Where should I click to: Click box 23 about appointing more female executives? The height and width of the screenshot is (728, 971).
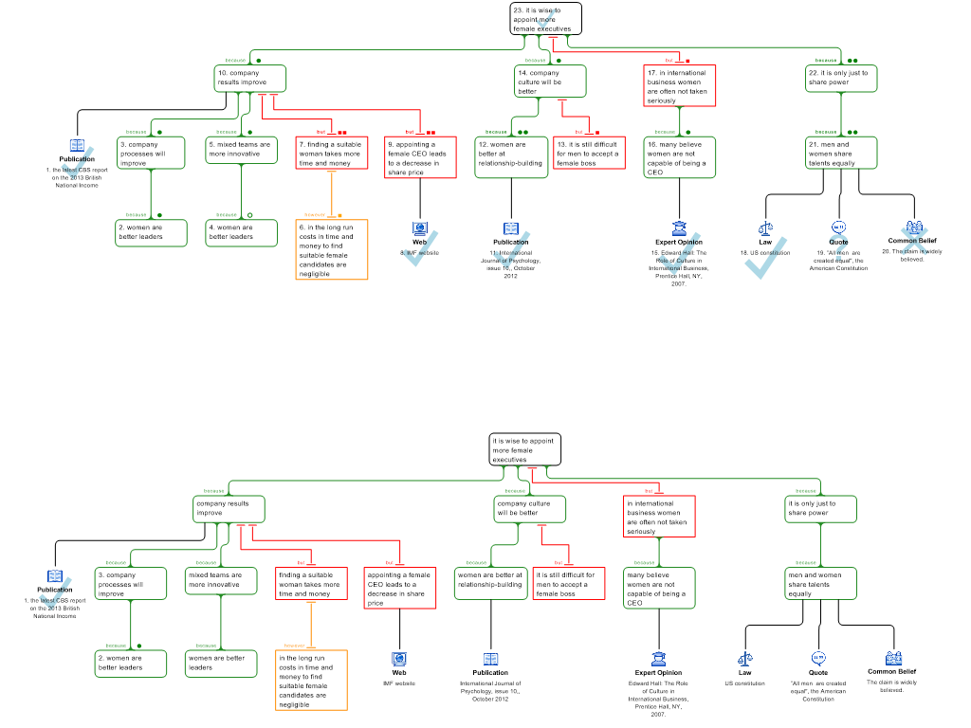click(545, 19)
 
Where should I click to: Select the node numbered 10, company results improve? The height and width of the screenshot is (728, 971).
click(249, 79)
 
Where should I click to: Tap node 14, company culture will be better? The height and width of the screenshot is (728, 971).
click(551, 81)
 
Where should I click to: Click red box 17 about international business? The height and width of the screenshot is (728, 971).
click(679, 86)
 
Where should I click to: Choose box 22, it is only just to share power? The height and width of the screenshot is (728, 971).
click(841, 79)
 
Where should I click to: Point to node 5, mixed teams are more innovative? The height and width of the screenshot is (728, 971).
click(241, 151)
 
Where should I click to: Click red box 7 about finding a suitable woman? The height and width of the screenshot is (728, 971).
click(330, 155)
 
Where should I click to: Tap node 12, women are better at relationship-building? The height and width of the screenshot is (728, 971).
click(511, 157)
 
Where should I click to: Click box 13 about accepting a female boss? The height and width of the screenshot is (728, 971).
click(589, 154)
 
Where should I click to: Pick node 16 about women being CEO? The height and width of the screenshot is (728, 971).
click(679, 157)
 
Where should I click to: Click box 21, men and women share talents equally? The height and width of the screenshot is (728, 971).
click(841, 154)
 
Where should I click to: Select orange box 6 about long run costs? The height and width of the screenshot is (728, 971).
click(331, 249)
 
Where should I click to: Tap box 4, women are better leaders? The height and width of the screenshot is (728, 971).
click(241, 233)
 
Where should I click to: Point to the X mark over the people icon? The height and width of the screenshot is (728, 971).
click(914, 242)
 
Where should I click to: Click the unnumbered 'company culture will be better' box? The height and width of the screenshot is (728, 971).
click(530, 509)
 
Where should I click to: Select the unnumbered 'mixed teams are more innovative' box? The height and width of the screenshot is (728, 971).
click(220, 581)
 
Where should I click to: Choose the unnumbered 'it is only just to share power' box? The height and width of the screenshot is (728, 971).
click(820, 509)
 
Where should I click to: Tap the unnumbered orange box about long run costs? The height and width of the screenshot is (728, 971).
click(311, 680)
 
